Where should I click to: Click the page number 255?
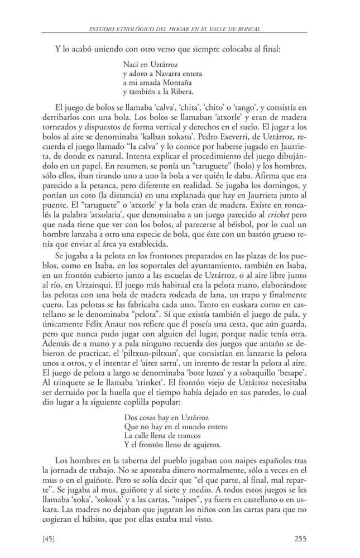[x=300, y=538]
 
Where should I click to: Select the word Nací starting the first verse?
[x=131, y=65]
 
